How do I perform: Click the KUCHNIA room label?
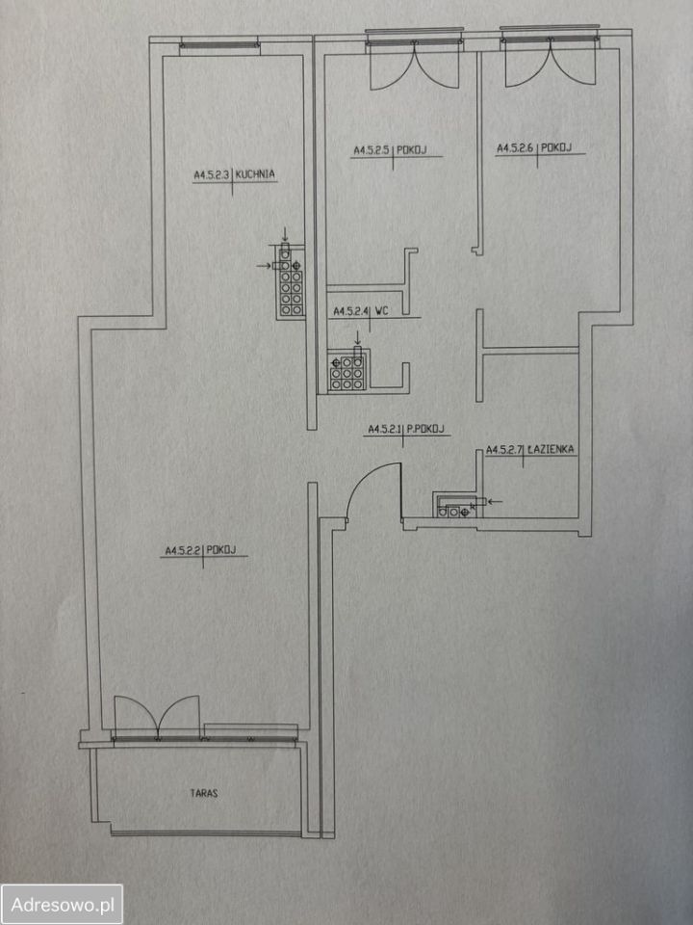255,174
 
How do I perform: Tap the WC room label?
381,311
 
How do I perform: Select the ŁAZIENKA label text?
551,450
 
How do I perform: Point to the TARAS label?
204,793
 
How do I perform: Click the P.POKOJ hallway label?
424,429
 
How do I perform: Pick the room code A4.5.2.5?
372,150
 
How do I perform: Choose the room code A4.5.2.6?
515,148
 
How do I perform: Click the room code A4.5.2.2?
181,551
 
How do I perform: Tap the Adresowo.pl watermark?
62,904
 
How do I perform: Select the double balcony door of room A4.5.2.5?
414,65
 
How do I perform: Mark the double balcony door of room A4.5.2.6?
551,62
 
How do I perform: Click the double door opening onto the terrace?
157,717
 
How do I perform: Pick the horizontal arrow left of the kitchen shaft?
264,266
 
